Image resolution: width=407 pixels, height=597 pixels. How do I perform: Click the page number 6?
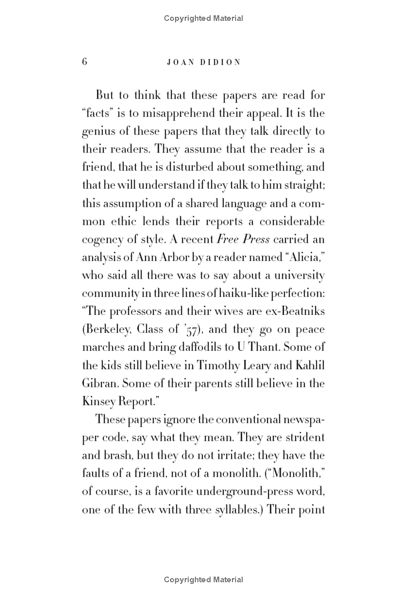click(x=84, y=62)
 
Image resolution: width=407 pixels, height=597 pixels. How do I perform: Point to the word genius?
click(x=96, y=131)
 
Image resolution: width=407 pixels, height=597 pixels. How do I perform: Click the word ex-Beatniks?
click(x=294, y=311)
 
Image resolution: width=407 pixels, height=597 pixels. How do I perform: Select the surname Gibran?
click(x=99, y=383)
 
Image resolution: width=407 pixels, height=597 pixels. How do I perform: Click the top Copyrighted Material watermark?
click(x=203, y=18)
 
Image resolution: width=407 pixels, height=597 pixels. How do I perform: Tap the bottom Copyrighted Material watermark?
click(x=203, y=580)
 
